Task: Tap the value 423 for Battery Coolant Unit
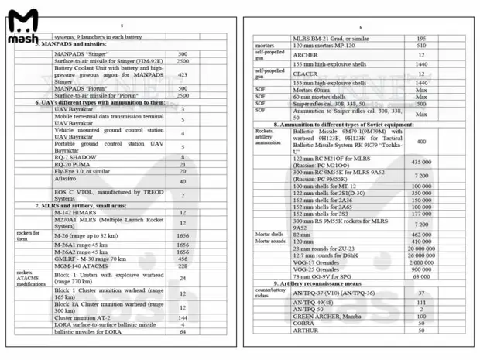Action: pyautogui.click(x=183, y=74)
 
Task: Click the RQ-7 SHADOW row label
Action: pyautogui.click(x=76, y=157)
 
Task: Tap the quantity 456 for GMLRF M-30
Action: pyautogui.click(x=183, y=259)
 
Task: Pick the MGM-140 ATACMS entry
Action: pyautogui.click(x=80, y=266)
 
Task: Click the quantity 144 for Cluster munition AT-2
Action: pyautogui.click(x=183, y=317)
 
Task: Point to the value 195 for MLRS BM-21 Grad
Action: pyautogui.click(x=421, y=39)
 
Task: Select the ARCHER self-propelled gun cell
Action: pyautogui.click(x=305, y=55)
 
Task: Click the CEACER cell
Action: pyautogui.click(x=306, y=74)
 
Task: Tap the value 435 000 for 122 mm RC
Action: pyautogui.click(x=421, y=162)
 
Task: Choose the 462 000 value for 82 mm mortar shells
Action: pyautogui.click(x=421, y=234)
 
